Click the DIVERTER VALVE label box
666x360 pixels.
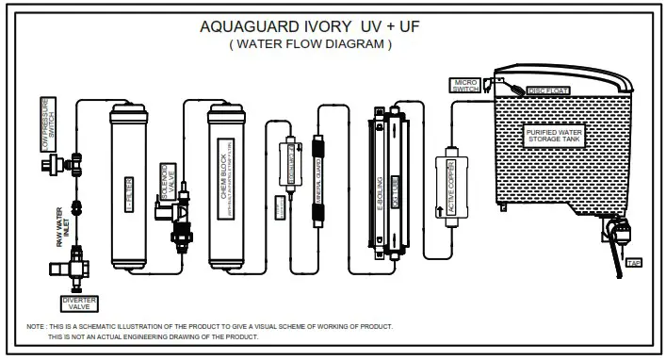point(78,303)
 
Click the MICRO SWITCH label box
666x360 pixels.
point(467,86)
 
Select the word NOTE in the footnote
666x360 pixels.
point(37,327)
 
